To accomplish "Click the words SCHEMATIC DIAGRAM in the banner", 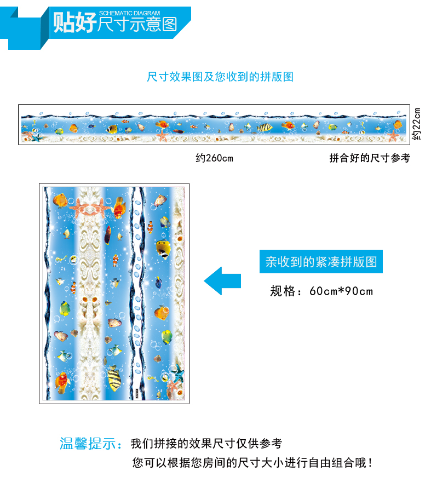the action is (129, 13).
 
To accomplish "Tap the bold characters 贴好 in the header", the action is (74, 22).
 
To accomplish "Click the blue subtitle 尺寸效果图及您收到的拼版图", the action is (220, 77).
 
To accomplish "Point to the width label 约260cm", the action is (215, 158).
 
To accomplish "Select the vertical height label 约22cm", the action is (416, 124).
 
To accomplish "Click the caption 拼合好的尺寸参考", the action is (370, 158).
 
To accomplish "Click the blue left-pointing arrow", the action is (222, 281).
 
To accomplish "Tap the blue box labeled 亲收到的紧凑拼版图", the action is (321, 261).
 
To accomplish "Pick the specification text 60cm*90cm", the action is (341, 291).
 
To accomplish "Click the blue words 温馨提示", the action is (88, 444).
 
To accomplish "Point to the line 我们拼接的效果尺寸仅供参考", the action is (206, 444).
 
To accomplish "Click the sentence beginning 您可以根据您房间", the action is (252, 463).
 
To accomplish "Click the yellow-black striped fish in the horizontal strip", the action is (265, 128).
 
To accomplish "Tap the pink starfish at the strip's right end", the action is (393, 135).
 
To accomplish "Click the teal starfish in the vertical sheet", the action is (177, 373).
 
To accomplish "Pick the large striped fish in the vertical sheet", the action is (114, 378).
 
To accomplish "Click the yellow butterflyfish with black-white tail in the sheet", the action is (164, 249).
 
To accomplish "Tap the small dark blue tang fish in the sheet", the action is (158, 282).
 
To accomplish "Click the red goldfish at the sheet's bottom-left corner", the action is (62, 382).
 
